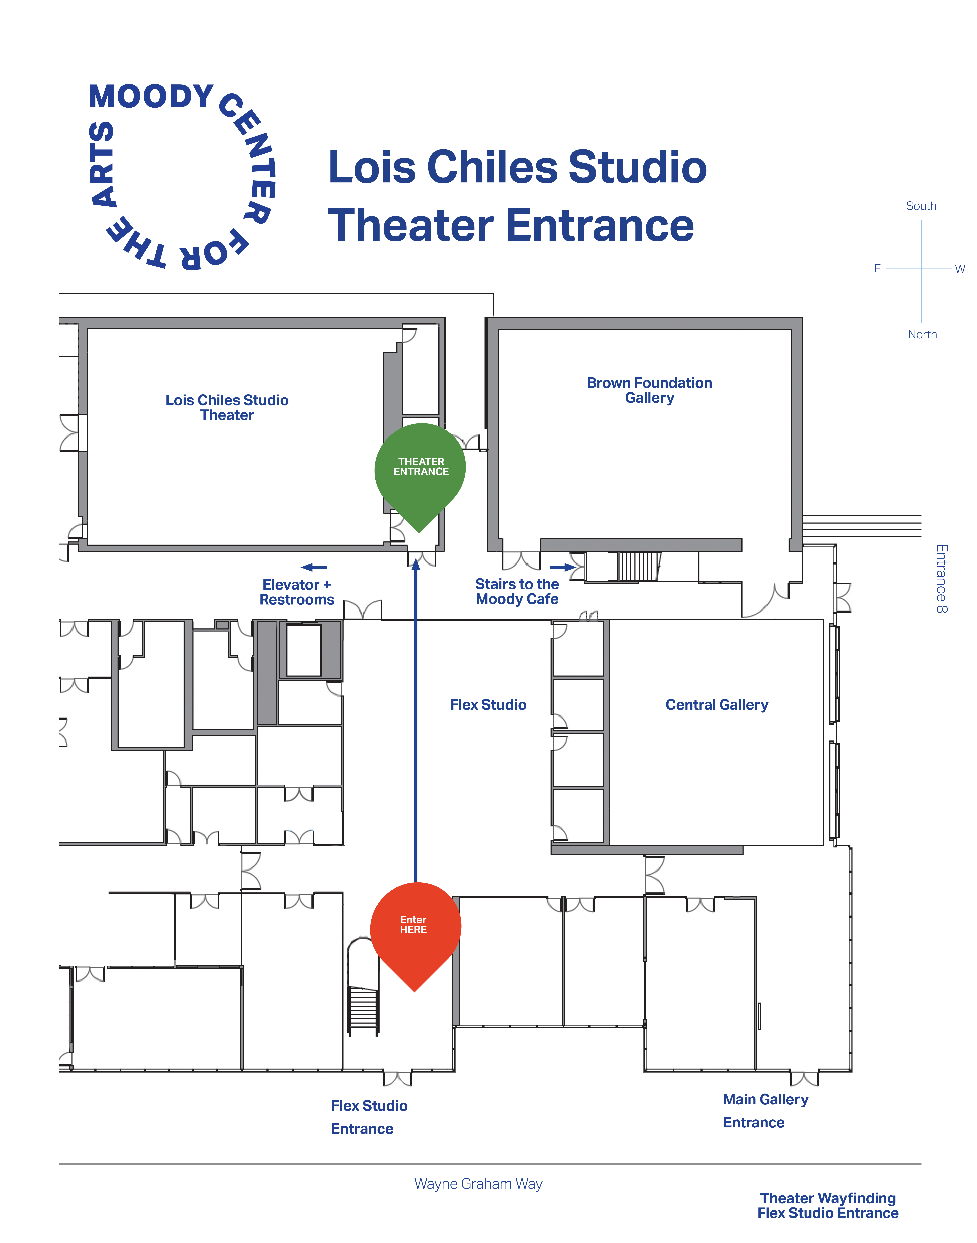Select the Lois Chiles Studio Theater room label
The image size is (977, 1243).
pos(227,408)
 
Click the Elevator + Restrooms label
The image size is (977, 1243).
pos(297,592)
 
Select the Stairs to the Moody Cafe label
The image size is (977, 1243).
pos(517,592)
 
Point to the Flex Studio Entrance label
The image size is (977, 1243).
pos(369,1117)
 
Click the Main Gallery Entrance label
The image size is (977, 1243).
pos(765,1111)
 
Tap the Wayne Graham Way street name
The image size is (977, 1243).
pos(478,1184)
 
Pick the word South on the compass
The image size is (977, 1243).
pos(921,206)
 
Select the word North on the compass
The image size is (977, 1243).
pos(922,334)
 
